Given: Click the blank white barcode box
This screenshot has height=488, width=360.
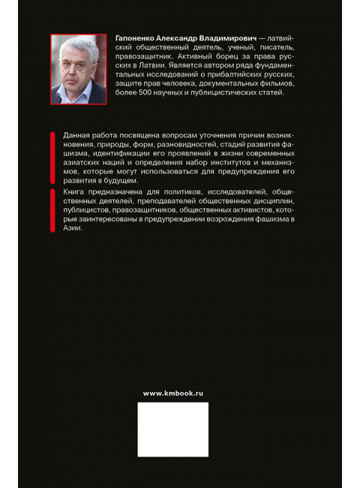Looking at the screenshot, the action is [x=172, y=429].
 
